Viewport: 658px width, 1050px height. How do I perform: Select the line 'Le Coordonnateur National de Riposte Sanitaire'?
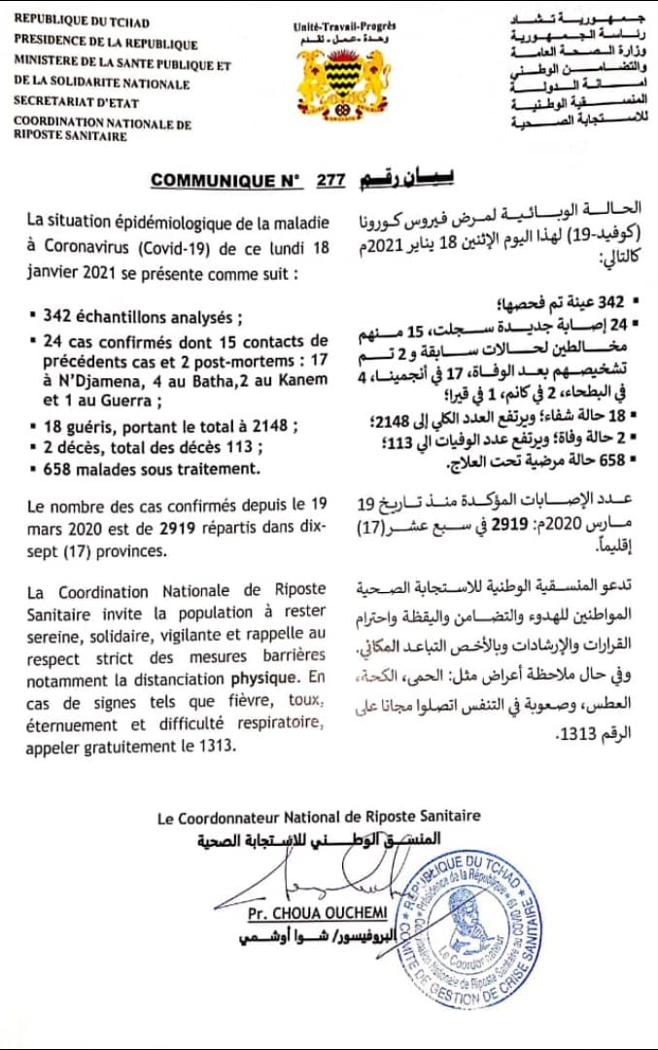point(320,818)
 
